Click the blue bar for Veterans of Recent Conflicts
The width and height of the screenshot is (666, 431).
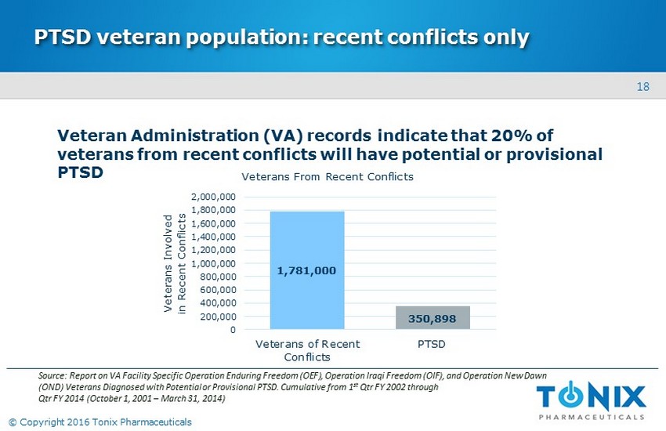click(306, 235)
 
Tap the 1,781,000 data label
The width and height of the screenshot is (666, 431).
click(306, 270)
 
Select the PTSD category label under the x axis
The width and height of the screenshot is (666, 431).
click(432, 344)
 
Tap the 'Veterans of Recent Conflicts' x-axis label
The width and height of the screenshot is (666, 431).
click(307, 350)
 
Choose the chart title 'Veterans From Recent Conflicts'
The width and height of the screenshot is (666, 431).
click(327, 176)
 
